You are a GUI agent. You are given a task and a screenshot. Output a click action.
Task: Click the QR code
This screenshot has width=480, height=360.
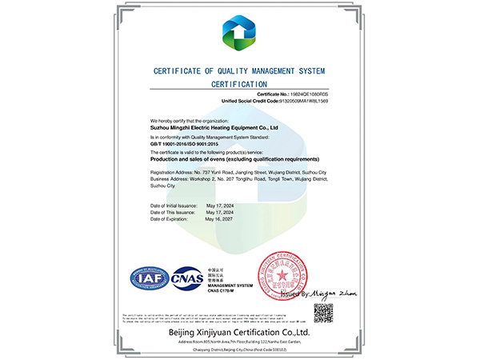pyautogui.click(x=322, y=312)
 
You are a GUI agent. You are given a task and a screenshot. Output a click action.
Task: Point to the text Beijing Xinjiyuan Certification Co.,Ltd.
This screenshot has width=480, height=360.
pyautogui.click(x=239, y=330)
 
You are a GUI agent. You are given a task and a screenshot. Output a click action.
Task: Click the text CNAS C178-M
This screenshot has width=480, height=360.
pyautogui.click(x=223, y=290)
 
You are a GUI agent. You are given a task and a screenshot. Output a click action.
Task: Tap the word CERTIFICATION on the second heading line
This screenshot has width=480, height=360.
pyautogui.click(x=240, y=83)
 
